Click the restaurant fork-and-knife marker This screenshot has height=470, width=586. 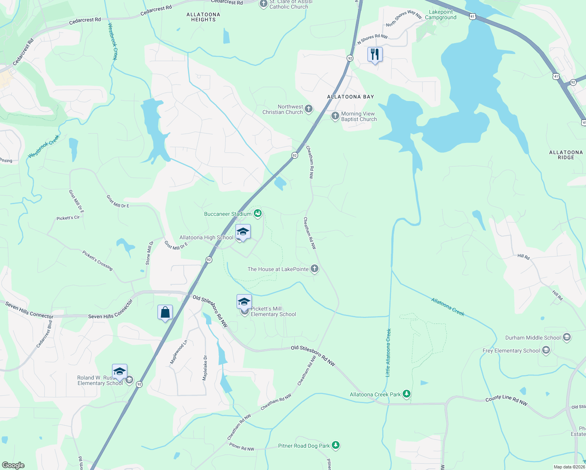pos(375,54)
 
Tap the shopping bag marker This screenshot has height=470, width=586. pos(165,313)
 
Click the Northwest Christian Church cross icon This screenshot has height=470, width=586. pos(309,109)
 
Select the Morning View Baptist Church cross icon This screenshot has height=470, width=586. pos(335,116)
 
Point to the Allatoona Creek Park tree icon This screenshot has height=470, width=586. pos(407,394)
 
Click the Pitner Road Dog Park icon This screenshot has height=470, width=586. pos(335,445)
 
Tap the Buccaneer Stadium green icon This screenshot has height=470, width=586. pos(257,213)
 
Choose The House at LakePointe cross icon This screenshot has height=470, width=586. pos(314,269)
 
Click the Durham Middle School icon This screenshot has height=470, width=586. pos(566,337)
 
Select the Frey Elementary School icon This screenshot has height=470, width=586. pos(546,350)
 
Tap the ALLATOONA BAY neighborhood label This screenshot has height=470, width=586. pos(351,97)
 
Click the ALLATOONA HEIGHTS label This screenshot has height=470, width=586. pos(203,17)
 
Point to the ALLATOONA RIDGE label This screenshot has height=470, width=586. pos(566,155)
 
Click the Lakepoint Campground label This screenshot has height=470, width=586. pos(441,14)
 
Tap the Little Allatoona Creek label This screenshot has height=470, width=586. pos(388,352)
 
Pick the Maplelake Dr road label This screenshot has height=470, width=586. pos(205,368)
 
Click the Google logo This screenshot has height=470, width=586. pos(13,465)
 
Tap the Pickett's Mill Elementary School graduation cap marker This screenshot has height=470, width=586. pos(244,302)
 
